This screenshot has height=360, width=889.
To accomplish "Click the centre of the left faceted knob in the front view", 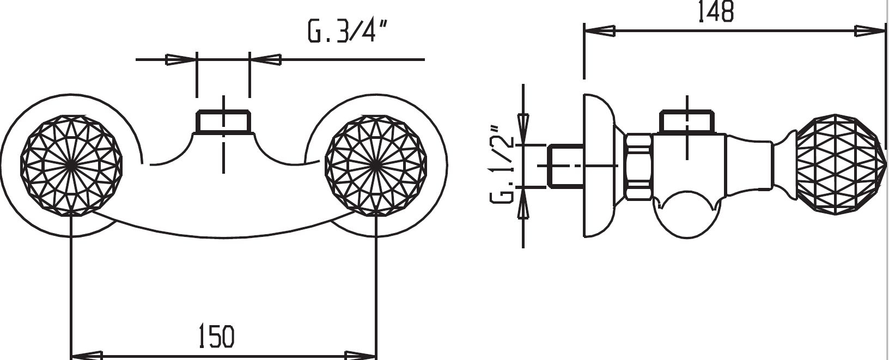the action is click(x=71, y=166).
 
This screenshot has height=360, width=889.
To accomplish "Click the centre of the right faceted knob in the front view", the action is click(x=376, y=166).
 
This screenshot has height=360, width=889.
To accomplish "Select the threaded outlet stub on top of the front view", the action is click(x=223, y=121).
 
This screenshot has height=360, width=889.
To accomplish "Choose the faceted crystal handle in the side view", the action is click(x=840, y=165).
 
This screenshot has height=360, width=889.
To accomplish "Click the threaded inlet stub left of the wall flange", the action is click(x=565, y=166).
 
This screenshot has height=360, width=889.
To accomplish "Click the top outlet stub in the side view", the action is click(x=687, y=121).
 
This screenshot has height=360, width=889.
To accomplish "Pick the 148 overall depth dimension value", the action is click(x=716, y=11).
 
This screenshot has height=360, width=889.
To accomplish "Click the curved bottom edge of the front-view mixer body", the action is click(x=224, y=237).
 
